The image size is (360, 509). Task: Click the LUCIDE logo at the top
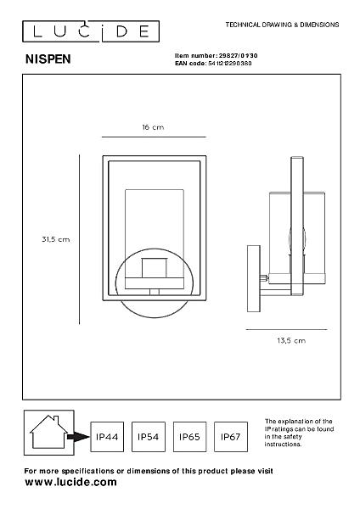point(91,31)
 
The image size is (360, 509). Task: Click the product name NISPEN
point(48,59)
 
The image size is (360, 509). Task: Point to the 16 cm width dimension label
point(153,127)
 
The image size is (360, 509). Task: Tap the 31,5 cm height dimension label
point(55,239)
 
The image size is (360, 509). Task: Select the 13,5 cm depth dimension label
point(291,340)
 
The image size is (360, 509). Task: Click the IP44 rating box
point(107,437)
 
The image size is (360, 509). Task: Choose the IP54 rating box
point(148,437)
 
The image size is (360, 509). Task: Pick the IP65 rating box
point(189,437)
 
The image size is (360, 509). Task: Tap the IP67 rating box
point(231,437)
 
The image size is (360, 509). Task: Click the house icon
point(48,433)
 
